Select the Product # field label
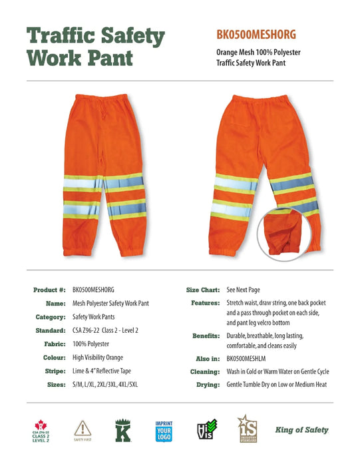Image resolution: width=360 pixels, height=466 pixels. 49,290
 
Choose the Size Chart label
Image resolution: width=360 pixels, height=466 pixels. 202,290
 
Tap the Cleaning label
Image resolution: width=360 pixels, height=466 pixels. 204,371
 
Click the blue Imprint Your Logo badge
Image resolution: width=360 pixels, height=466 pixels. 164,430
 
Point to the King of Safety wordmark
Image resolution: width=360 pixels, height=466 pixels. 302,430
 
